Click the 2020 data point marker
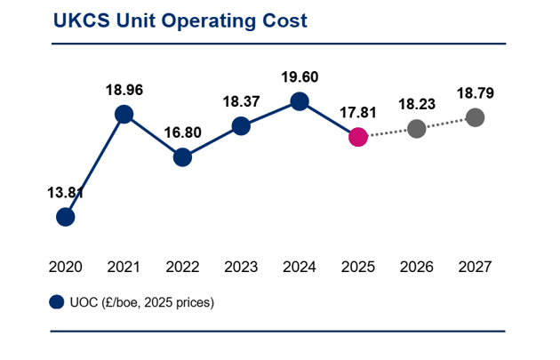click(x=66, y=217)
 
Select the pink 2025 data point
click(x=358, y=137)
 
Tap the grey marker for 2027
click(x=476, y=117)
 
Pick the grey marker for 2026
click(x=417, y=129)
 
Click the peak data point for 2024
click(x=300, y=101)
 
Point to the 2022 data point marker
click(x=182, y=157)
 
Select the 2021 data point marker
click(x=124, y=115)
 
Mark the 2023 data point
click(x=241, y=126)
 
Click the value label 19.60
click(x=300, y=77)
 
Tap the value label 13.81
click(x=66, y=193)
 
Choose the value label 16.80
click(x=182, y=132)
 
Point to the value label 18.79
click(x=476, y=93)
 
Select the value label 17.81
click(x=358, y=113)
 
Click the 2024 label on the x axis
click(x=300, y=268)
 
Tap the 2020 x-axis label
click(x=66, y=268)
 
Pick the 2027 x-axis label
click(x=475, y=268)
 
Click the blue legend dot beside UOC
click(x=56, y=302)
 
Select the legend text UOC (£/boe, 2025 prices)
click(x=142, y=303)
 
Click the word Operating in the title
click(x=208, y=21)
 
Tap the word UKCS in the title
click(x=82, y=20)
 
